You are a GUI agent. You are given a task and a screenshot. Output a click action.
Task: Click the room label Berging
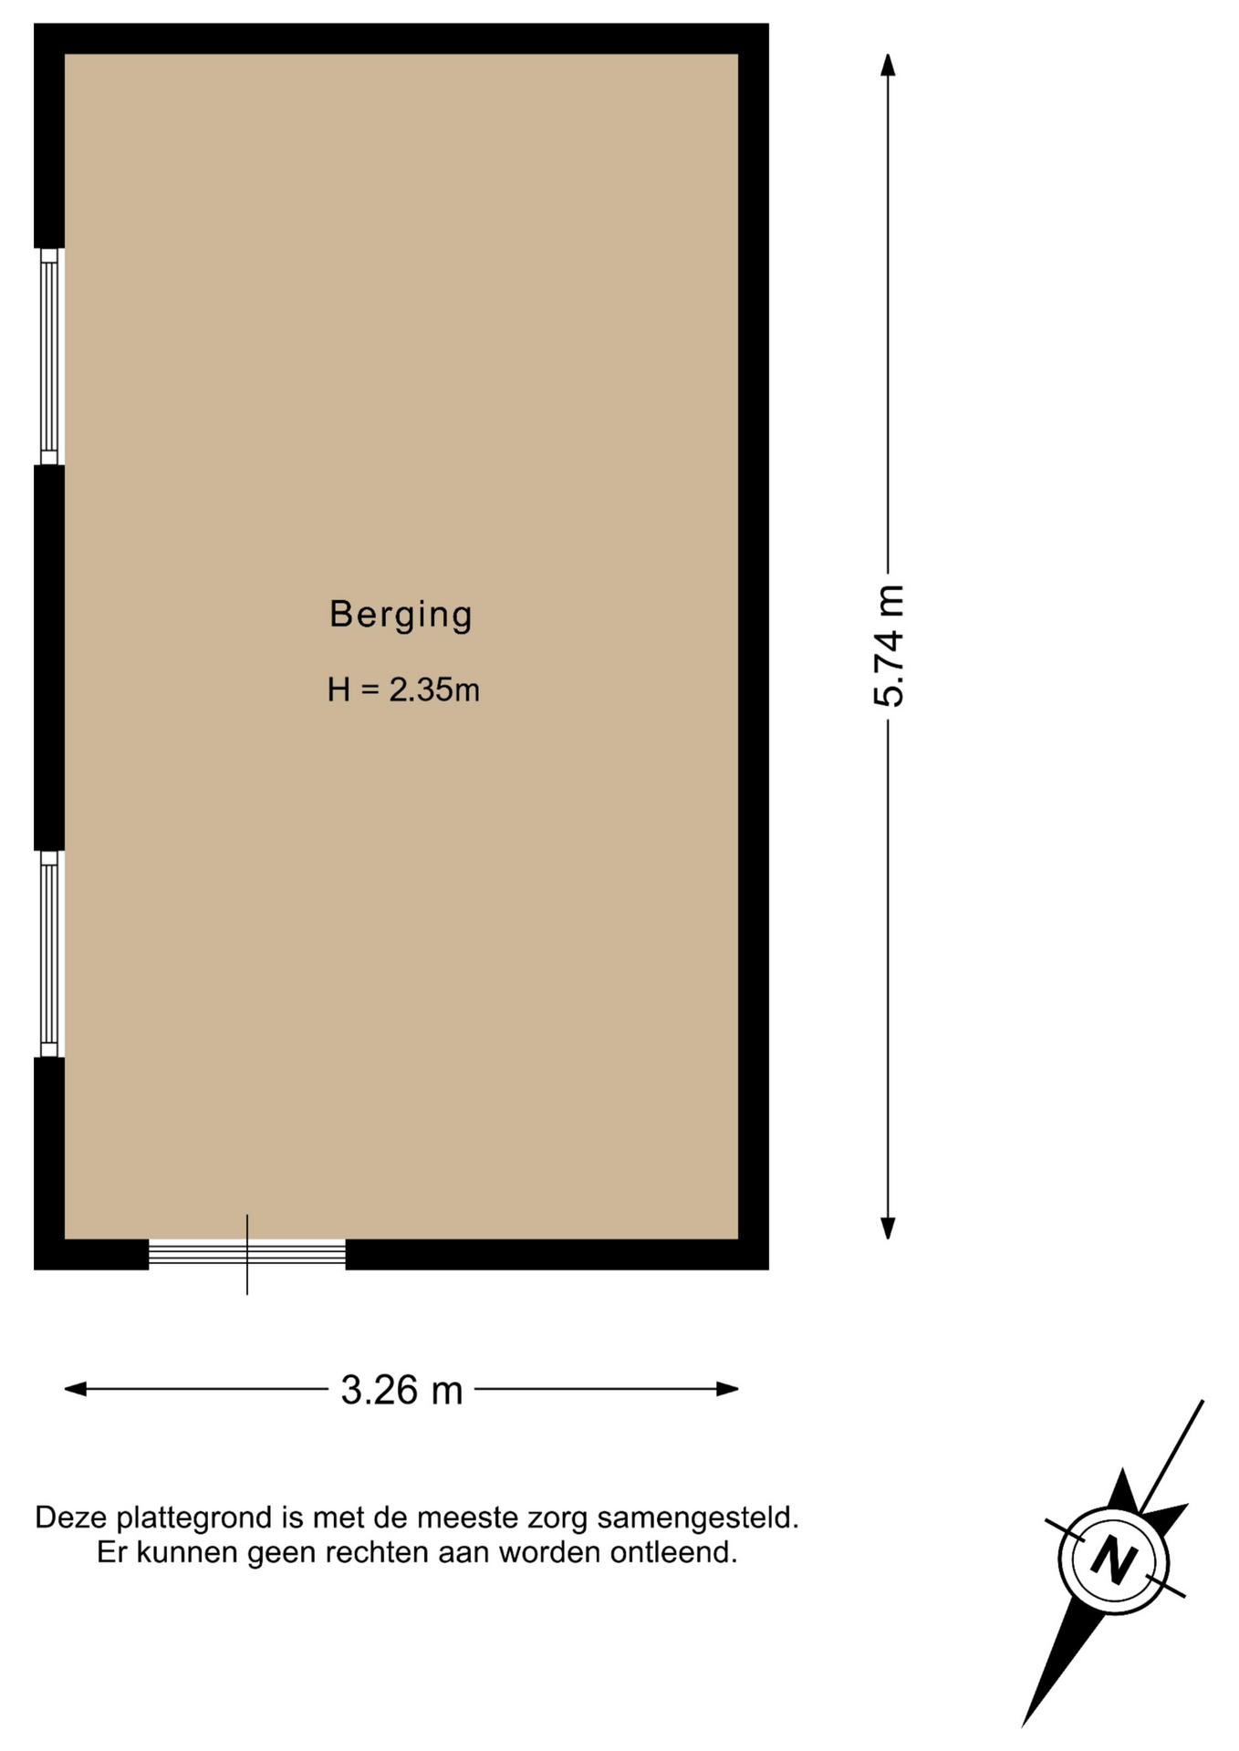pos(401,615)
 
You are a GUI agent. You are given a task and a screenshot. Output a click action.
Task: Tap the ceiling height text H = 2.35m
pos(403,689)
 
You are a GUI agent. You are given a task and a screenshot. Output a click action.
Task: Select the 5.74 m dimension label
pos(889,646)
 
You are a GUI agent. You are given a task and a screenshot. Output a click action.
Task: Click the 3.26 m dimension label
pos(401,1390)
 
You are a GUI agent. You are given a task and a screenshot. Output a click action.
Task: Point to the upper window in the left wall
pos(49,357)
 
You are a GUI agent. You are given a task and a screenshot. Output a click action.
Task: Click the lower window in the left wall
pos(49,954)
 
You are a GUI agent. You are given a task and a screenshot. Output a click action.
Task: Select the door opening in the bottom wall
pos(247,1254)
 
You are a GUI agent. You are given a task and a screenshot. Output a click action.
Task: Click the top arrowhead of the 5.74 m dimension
pos(888,65)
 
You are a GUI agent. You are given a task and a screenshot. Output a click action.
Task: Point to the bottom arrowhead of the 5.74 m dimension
pos(888,1228)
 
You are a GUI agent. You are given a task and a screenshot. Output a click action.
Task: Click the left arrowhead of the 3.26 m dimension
pos(76,1389)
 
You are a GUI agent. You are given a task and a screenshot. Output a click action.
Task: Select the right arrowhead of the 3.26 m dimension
pos(727,1389)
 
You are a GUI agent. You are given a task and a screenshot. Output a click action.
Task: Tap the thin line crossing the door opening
pos(247,1254)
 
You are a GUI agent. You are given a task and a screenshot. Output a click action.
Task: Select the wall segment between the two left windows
pos(49,658)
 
